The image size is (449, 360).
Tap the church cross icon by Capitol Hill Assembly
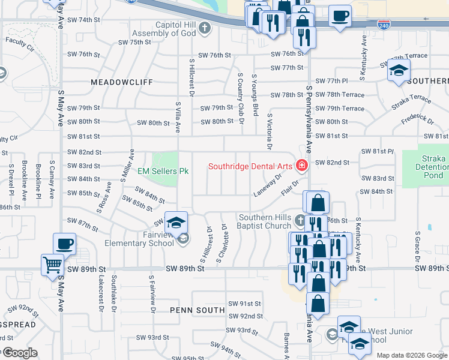click(205, 28)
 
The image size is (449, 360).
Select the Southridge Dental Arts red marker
click(301, 166)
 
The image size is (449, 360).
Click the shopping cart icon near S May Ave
click(52, 265)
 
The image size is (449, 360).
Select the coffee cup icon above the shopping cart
click(64, 244)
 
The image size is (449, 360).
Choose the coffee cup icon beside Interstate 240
click(340, 16)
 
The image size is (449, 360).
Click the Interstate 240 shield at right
click(383, 25)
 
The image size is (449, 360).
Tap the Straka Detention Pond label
click(433, 167)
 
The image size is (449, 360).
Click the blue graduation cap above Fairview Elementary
click(176, 223)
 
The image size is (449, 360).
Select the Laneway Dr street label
click(268, 185)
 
